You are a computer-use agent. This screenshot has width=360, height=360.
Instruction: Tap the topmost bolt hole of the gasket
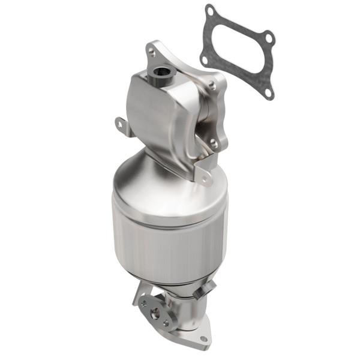click(x=210, y=10)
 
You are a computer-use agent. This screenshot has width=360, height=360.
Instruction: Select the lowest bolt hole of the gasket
click(x=269, y=92)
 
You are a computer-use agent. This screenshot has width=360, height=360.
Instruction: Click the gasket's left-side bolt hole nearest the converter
click(x=205, y=59)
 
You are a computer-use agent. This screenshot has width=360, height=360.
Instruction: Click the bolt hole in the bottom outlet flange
click(x=203, y=338)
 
